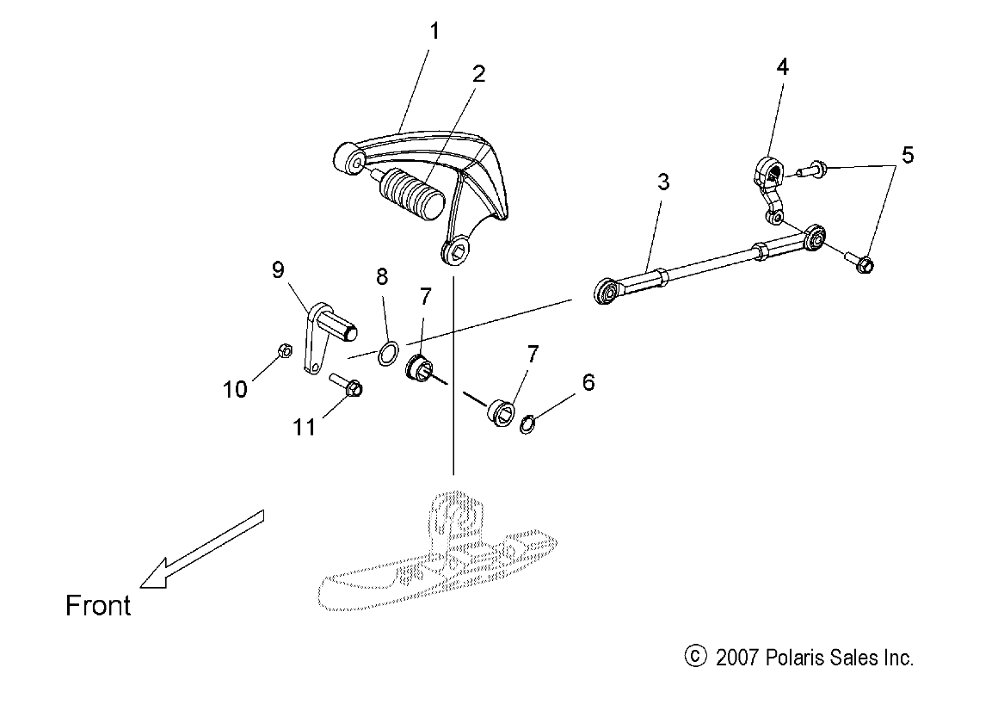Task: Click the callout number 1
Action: pyautogui.click(x=434, y=33)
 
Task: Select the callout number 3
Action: pyautogui.click(x=663, y=182)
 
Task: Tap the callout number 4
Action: pyautogui.click(x=782, y=66)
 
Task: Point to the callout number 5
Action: pyautogui.click(x=907, y=155)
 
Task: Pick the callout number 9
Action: pyautogui.click(x=278, y=270)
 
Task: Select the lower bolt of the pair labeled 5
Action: pyautogui.click(x=861, y=260)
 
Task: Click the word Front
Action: pyautogui.click(x=98, y=606)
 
